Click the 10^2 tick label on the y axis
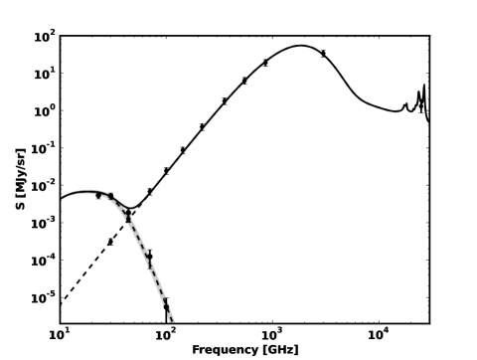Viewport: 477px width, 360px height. (45, 37)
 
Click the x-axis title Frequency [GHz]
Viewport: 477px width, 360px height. (244, 349)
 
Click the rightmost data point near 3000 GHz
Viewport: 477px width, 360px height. (323, 54)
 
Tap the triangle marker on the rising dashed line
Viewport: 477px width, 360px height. (110, 241)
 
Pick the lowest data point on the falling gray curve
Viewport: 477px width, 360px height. (166, 306)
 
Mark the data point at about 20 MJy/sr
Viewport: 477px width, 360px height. (265, 63)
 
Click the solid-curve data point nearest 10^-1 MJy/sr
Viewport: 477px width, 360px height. (183, 150)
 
